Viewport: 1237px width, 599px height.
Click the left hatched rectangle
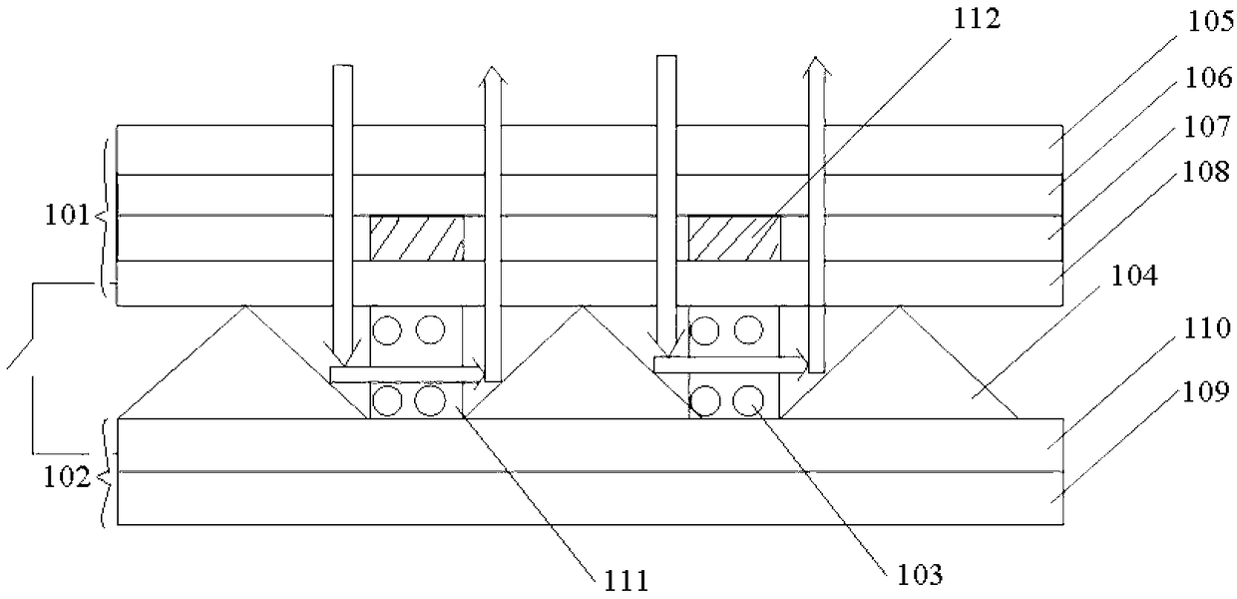tap(417, 238)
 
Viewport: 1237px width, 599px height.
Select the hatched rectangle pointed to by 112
tap(735, 238)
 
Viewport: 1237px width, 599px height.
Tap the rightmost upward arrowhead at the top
tap(816, 66)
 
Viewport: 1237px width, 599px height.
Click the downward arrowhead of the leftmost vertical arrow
tap(342, 355)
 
